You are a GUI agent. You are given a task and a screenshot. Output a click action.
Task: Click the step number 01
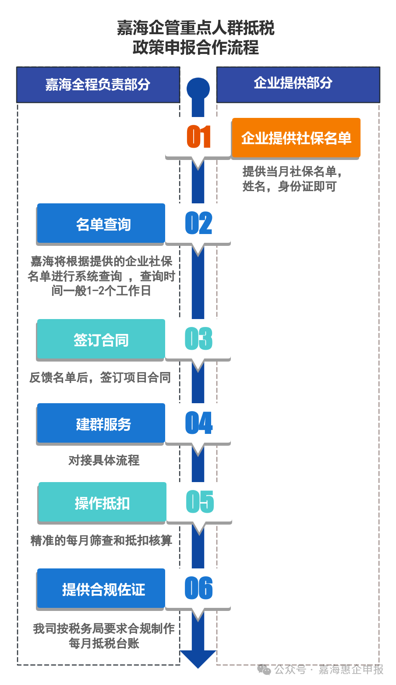click(198, 137)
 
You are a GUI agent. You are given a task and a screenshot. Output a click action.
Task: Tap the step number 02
click(198, 223)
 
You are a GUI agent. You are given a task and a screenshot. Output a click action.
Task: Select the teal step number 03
click(198, 339)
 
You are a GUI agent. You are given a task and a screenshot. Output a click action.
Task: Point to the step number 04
click(198, 423)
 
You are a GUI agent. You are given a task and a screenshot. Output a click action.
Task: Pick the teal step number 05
click(200, 502)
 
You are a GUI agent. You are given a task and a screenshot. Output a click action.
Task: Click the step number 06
click(198, 588)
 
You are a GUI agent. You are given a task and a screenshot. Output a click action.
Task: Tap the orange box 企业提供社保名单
click(296, 138)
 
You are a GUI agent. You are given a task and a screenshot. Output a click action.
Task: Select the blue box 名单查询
click(101, 224)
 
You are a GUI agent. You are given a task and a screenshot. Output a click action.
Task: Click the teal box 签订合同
click(101, 339)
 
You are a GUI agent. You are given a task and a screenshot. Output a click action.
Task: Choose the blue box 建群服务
click(101, 423)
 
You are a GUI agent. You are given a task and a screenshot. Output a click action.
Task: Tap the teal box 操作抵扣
click(103, 502)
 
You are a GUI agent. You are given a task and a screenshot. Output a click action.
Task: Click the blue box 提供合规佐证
click(101, 589)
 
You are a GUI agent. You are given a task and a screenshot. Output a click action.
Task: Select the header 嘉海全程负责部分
click(98, 85)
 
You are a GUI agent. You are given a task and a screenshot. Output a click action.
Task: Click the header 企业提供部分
click(298, 84)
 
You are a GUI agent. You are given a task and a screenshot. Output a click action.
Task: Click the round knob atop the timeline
click(198, 88)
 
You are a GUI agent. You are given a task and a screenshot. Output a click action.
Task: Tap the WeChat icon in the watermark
click(264, 670)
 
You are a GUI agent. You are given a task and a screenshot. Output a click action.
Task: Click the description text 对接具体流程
click(104, 460)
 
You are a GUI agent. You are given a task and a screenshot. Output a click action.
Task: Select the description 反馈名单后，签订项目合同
click(100, 377)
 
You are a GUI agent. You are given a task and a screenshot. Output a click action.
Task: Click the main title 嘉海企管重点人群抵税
click(195, 28)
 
